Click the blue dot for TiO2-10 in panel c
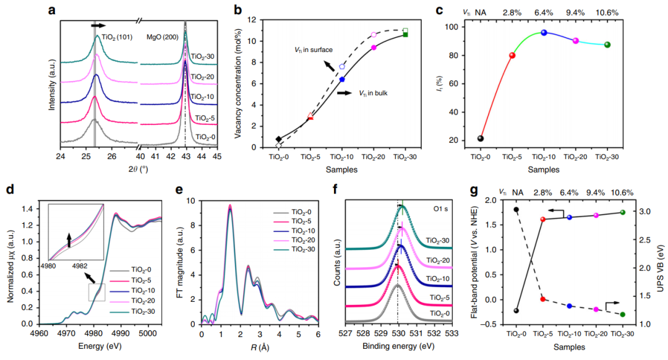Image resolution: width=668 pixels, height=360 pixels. (544, 32)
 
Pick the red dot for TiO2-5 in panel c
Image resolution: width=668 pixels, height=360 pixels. (512, 55)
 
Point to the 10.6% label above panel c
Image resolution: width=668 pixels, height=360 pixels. (607, 12)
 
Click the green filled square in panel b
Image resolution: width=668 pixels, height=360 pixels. (406, 35)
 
